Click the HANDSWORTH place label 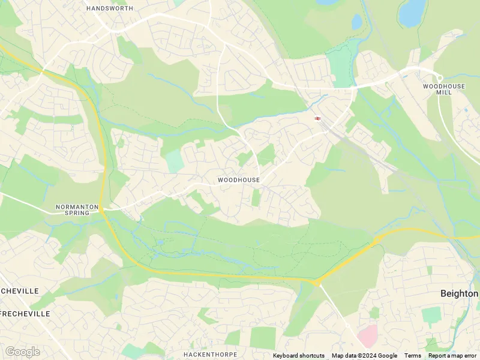(x=110, y=8)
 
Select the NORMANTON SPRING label (x=77, y=210)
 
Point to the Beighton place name (x=459, y=293)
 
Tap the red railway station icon (x=317, y=118)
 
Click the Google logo (x=22, y=352)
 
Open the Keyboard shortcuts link (x=298, y=356)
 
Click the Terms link (x=413, y=356)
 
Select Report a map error (x=454, y=356)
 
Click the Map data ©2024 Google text (x=364, y=356)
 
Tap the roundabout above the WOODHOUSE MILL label (x=439, y=78)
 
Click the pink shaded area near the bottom (x=368, y=336)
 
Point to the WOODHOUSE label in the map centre (x=239, y=180)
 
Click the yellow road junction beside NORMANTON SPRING (x=102, y=209)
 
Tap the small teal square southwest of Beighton (x=431, y=314)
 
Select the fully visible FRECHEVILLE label (x=25, y=314)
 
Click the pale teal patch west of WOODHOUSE (x=173, y=161)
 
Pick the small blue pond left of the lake (x=357, y=22)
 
